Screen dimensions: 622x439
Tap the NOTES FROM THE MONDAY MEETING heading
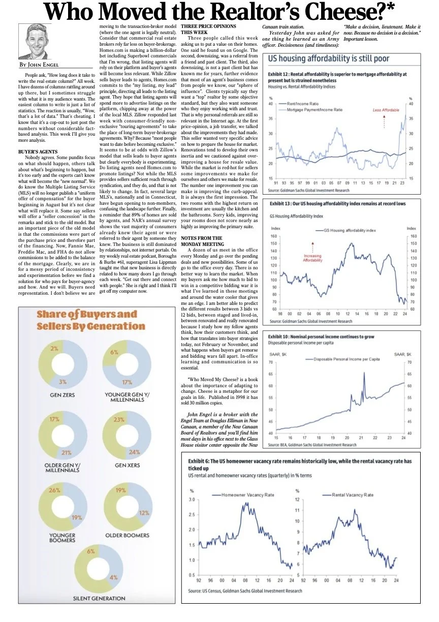[x=202, y=241]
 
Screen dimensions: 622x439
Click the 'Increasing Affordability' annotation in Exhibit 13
[x=312, y=258]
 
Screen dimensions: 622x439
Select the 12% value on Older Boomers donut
[x=144, y=513]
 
